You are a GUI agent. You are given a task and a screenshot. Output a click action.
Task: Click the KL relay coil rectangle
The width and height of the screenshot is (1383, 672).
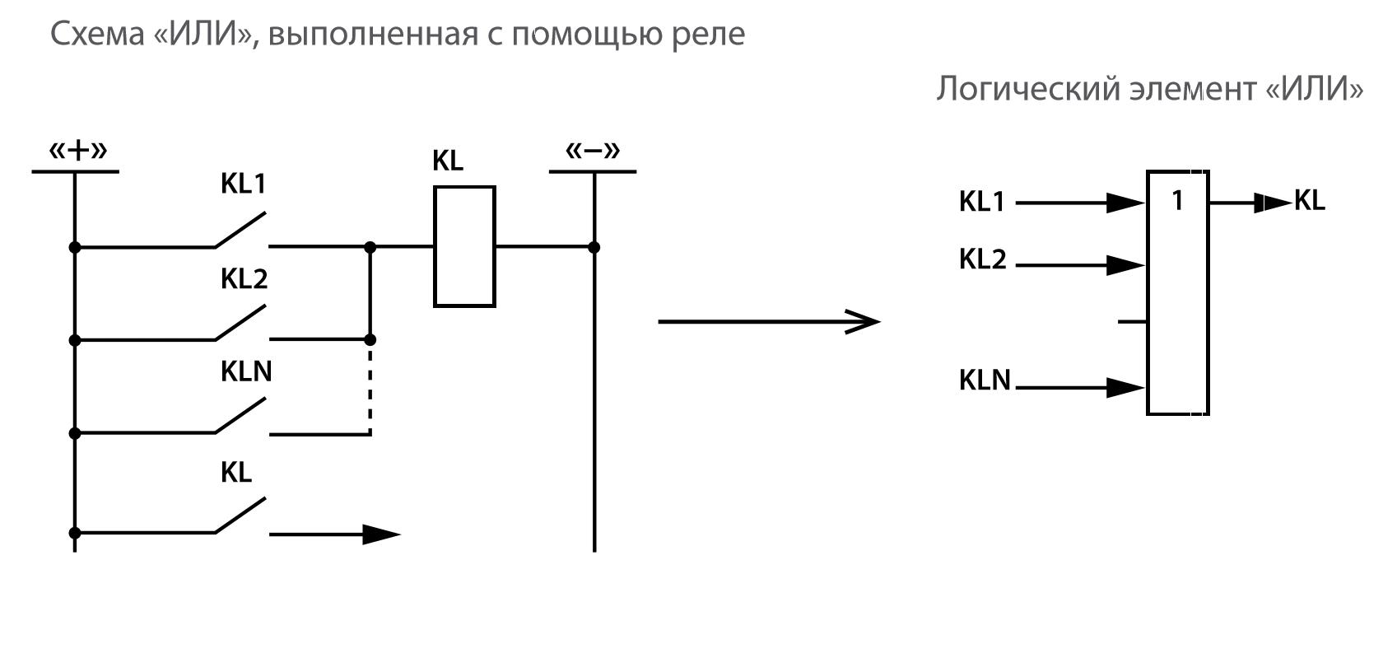[x=464, y=246]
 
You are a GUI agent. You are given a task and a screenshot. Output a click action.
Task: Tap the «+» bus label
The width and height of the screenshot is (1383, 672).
[x=78, y=152]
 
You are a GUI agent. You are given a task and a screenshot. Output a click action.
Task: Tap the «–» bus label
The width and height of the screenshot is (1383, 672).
[x=593, y=152]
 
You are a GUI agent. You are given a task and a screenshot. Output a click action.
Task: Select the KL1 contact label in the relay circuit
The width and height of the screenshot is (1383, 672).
[x=244, y=184]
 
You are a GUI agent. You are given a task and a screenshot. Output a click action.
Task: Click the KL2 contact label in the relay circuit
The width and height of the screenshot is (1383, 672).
[x=244, y=279]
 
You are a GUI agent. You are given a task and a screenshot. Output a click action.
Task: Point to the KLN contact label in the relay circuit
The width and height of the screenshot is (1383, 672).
[x=246, y=372]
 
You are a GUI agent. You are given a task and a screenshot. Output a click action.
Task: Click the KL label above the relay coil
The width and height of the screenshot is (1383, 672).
[x=448, y=161]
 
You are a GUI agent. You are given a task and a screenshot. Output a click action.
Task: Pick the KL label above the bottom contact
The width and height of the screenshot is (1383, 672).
[x=236, y=473]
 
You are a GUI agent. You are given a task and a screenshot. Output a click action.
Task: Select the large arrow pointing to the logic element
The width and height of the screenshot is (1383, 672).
[x=769, y=321]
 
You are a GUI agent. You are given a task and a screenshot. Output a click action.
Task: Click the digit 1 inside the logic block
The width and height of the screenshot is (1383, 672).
[x=1177, y=200]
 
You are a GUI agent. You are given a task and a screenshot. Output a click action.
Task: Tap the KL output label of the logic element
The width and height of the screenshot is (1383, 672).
[x=1310, y=200]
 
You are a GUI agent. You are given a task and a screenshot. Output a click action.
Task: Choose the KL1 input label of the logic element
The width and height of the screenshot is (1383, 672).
[x=982, y=202]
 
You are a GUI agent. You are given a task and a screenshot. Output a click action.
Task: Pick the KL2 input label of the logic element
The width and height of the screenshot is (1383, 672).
[x=983, y=259]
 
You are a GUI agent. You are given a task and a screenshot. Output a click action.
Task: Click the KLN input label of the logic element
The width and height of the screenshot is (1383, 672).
[x=985, y=380]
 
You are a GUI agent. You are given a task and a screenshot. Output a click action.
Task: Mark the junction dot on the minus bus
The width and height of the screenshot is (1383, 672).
[x=594, y=247]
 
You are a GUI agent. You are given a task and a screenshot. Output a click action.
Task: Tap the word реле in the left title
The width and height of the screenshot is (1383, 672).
[x=709, y=35]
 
